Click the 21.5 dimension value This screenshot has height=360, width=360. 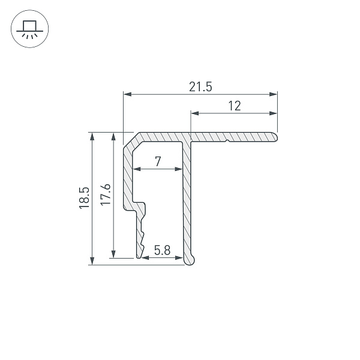(200, 86)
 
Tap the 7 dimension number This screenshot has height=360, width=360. (157, 161)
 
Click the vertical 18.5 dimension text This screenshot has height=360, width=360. (83, 198)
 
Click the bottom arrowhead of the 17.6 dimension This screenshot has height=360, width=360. (113, 254)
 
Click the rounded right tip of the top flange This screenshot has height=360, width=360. (277, 137)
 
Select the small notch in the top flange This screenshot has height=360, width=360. (228, 142)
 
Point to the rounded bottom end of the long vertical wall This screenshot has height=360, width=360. (190, 260)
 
